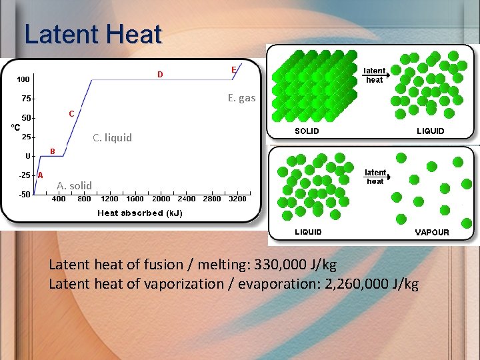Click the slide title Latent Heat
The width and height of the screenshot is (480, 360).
point(93,34)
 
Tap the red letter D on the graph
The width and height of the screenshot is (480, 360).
point(160,74)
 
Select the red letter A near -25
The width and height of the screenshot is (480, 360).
point(40,175)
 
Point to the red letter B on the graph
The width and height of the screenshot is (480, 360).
point(53,151)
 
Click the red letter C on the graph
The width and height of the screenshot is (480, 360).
point(71,113)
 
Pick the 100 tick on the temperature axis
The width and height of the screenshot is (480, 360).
point(23,79)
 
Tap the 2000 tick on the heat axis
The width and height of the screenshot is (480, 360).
point(161,199)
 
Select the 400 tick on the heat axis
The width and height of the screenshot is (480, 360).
point(59,199)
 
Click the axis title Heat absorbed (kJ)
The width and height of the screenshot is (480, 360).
point(140,213)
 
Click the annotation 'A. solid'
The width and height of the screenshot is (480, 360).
point(74,185)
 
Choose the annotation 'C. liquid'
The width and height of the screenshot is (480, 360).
point(112,138)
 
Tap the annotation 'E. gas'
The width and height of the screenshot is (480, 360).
point(241,98)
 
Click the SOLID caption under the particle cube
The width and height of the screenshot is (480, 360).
point(307,131)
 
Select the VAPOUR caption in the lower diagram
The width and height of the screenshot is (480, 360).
point(432,233)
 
